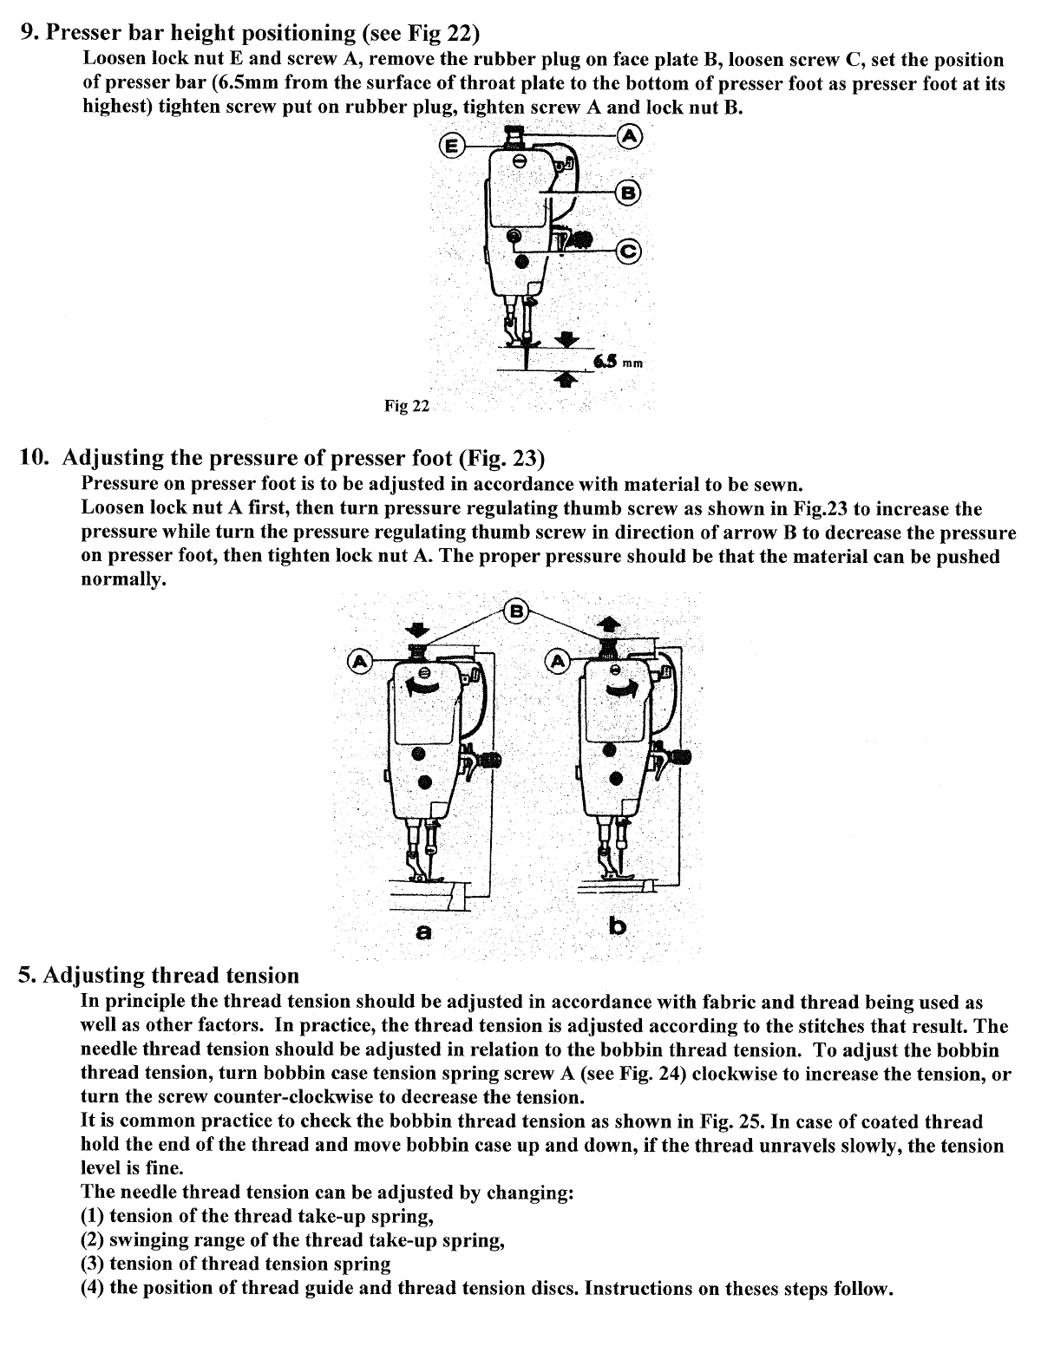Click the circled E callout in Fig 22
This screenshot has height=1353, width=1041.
point(451,146)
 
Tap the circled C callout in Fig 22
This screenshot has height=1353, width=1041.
point(627,252)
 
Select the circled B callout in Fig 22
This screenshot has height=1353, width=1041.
point(628,192)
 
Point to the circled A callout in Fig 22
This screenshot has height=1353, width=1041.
point(629,136)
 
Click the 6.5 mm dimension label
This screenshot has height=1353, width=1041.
point(619,363)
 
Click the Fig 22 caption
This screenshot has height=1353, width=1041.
point(407,406)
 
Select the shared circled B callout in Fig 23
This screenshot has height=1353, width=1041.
point(517,611)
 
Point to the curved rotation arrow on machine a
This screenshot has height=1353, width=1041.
point(424,689)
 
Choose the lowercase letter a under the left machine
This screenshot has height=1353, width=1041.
point(423,932)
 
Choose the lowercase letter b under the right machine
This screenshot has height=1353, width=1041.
point(617,926)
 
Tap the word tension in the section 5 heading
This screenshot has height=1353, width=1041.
point(262,976)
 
